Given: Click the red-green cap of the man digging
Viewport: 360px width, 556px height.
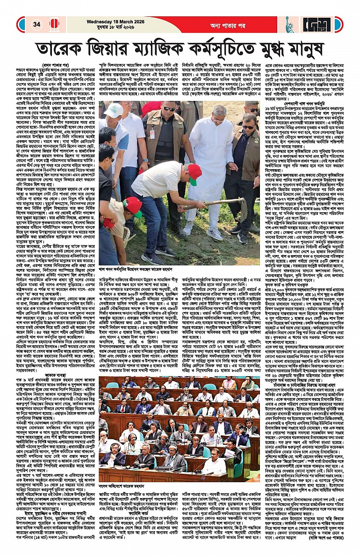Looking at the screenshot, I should point(194,173).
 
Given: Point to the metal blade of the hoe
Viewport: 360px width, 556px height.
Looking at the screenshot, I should point(239,206).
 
